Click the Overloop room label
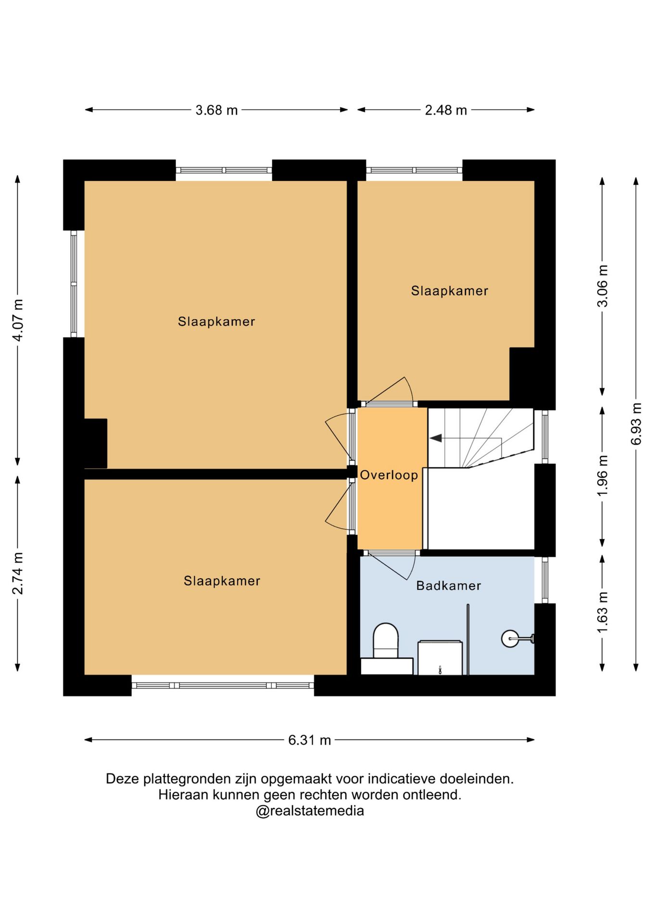(x=389, y=475)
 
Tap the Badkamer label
(x=449, y=586)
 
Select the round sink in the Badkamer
(x=510, y=638)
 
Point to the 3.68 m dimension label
(x=216, y=110)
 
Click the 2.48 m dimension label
(x=446, y=110)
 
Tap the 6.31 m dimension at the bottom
(x=310, y=740)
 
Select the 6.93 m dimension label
(x=636, y=424)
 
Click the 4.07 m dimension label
(x=18, y=320)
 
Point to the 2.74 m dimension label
(x=18, y=573)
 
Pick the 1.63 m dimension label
(x=603, y=612)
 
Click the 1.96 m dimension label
(x=603, y=476)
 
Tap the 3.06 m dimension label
(x=603, y=286)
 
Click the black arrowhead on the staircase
(x=436, y=438)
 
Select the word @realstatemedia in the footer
(x=310, y=811)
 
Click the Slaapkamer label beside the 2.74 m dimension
(x=222, y=581)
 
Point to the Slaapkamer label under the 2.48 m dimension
(x=450, y=290)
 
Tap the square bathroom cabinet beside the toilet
(x=440, y=658)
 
